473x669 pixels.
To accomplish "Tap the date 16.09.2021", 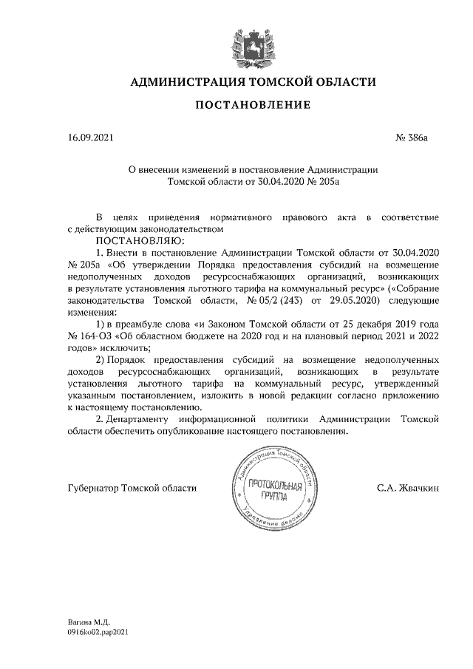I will [x=90, y=137].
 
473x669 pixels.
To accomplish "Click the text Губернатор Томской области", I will [x=132, y=488].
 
